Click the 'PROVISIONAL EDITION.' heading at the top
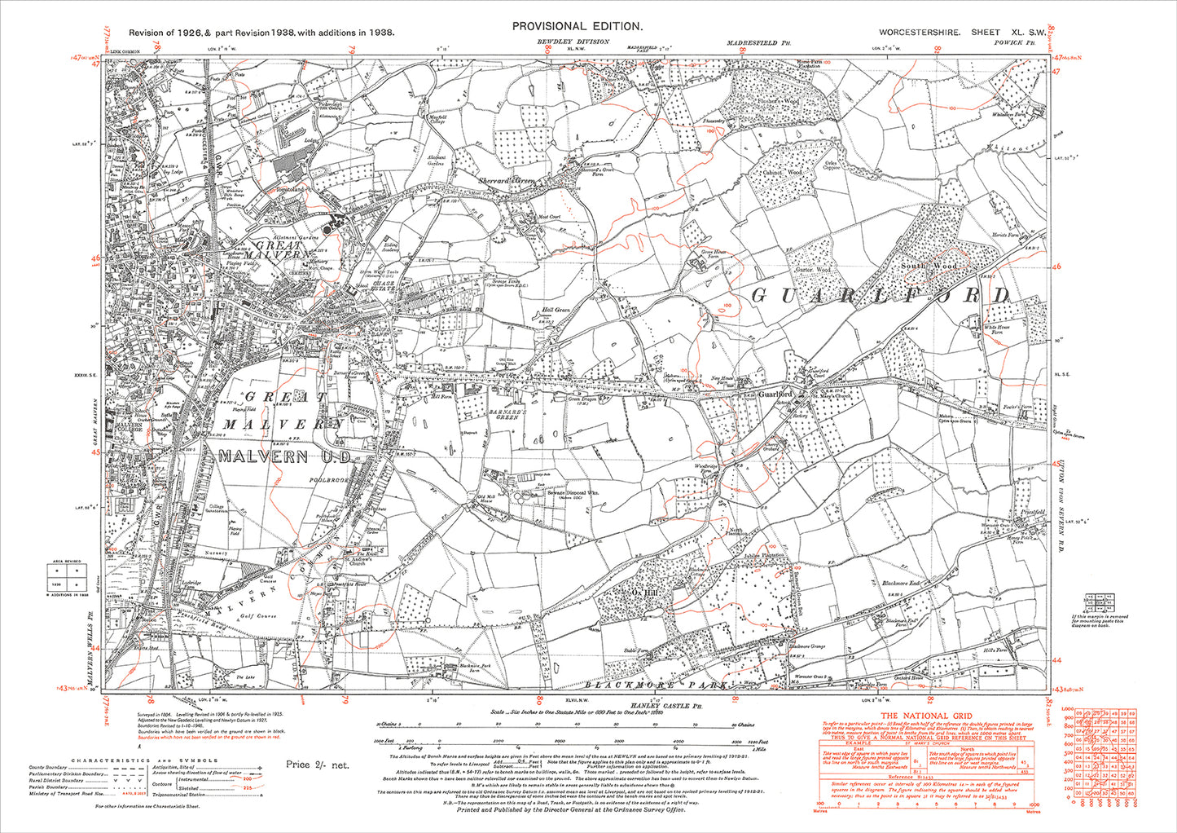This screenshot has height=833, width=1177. coord(578,26)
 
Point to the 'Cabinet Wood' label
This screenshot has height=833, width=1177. coord(784,173)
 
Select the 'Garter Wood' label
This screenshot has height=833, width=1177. coord(811,269)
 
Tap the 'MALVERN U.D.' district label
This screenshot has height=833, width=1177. coord(262,456)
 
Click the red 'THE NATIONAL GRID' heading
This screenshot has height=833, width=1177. coord(923,716)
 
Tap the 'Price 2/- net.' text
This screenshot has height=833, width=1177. coord(317,765)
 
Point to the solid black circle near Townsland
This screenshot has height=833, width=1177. coord(327,231)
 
